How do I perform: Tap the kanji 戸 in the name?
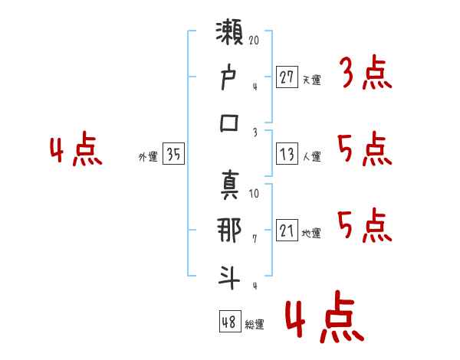(x=231, y=78)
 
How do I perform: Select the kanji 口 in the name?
(x=231, y=123)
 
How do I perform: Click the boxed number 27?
(x=287, y=78)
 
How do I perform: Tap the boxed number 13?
(x=287, y=155)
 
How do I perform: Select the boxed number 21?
(x=287, y=231)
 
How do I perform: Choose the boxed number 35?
(x=173, y=155)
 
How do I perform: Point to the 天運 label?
(x=311, y=80)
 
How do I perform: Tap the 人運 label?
(x=311, y=156)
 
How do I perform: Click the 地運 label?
(x=311, y=233)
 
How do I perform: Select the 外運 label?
(x=148, y=156)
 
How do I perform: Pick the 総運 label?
(x=255, y=324)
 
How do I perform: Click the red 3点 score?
(x=365, y=75)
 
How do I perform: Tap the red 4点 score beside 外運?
(x=77, y=151)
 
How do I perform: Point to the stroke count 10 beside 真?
(x=254, y=193)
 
